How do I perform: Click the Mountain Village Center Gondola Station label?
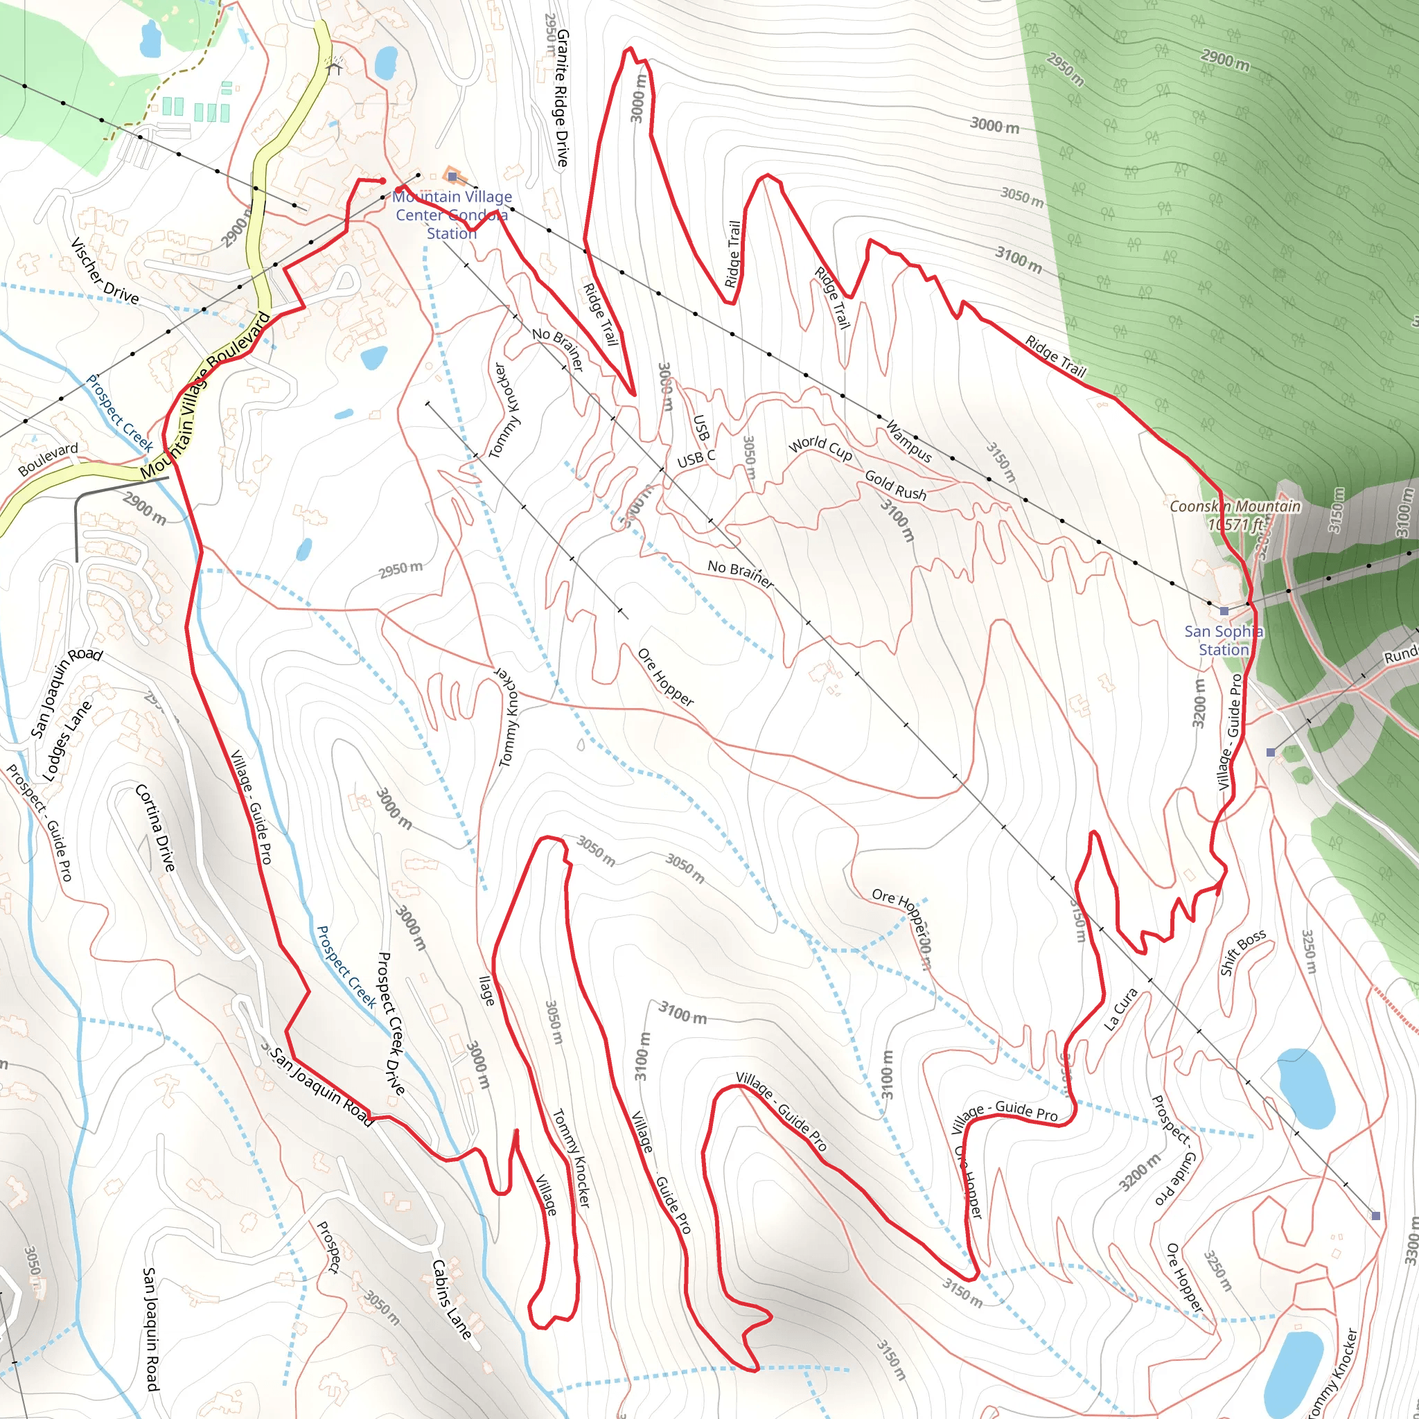pos(451,215)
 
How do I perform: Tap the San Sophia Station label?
pos(1223,640)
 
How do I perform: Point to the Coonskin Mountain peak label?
pos(1235,515)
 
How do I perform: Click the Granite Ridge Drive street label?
pos(562,98)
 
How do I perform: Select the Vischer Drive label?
pos(105,271)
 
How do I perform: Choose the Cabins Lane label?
pos(451,1298)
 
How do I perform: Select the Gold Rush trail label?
pos(895,485)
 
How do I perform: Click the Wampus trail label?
pos(908,441)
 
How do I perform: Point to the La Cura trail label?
pos(1122,1008)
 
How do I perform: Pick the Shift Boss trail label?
pos(1243,952)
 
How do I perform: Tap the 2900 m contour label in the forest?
pos(1224,59)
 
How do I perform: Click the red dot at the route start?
pos(382,181)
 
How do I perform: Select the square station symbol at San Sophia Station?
pos(1224,611)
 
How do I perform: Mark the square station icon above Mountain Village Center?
pos(452,176)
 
